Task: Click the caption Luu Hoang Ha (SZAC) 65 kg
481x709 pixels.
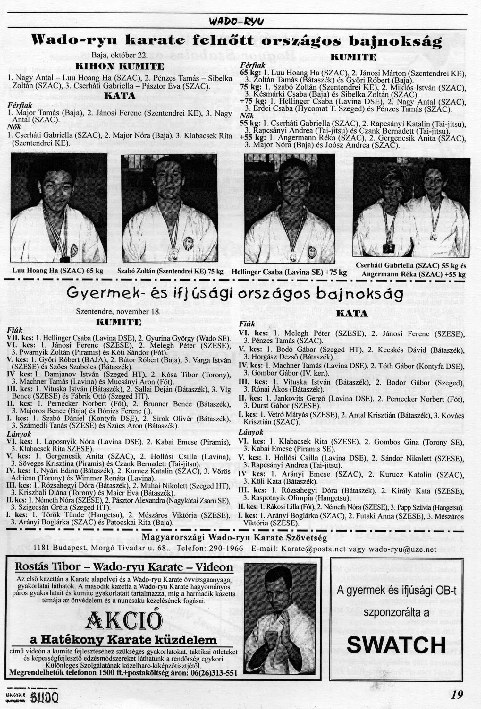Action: (x=58, y=271)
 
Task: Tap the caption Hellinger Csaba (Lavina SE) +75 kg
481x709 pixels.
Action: (x=290, y=272)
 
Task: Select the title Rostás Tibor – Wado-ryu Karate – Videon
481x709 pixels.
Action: (x=124, y=567)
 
